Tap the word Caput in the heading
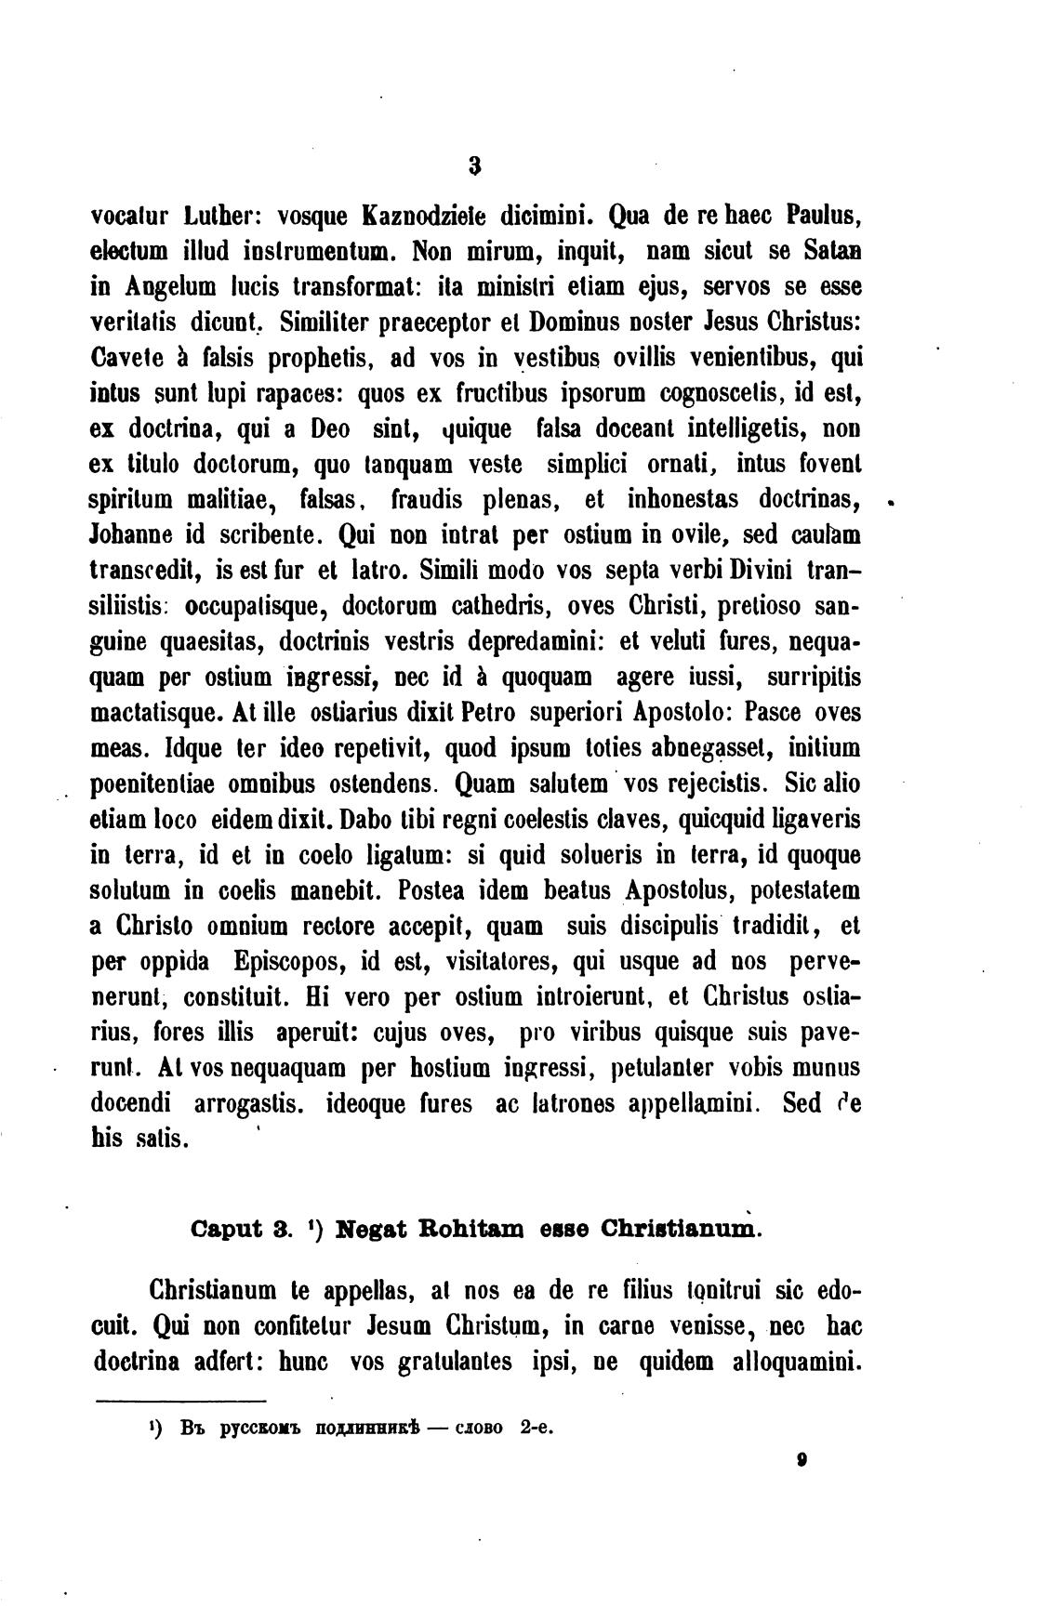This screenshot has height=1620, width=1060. tap(227, 1229)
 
